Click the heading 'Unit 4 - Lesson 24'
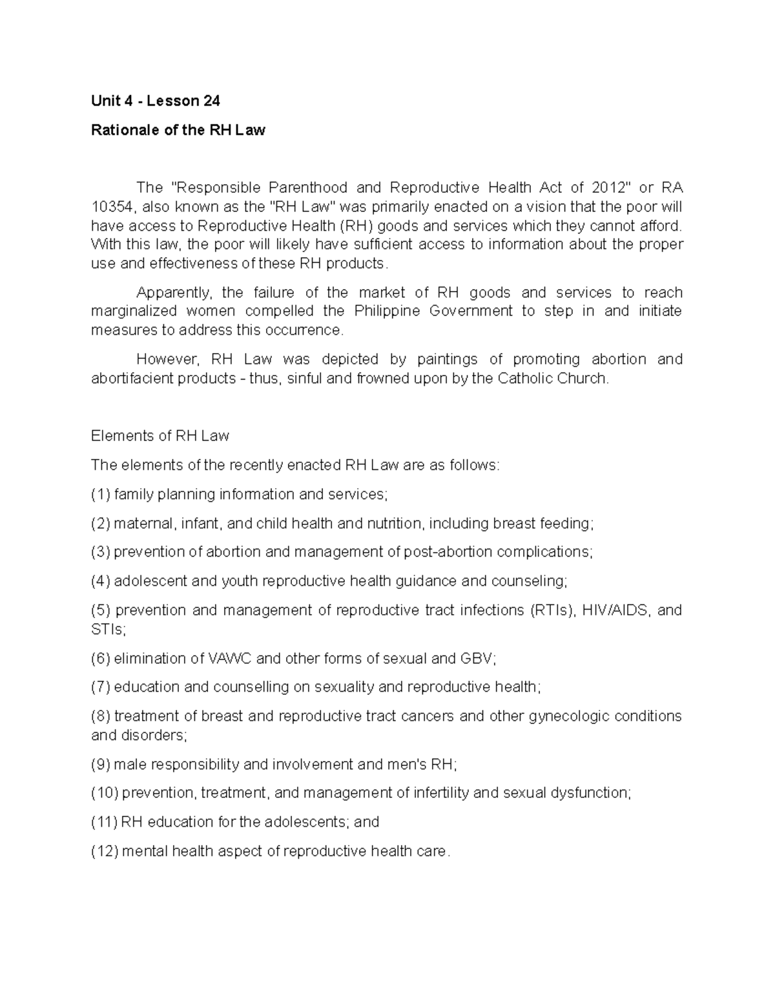click(155, 101)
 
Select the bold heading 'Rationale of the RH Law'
click(178, 130)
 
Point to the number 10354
click(112, 207)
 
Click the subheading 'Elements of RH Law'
click(160, 436)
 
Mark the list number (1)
click(101, 495)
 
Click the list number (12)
click(105, 851)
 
